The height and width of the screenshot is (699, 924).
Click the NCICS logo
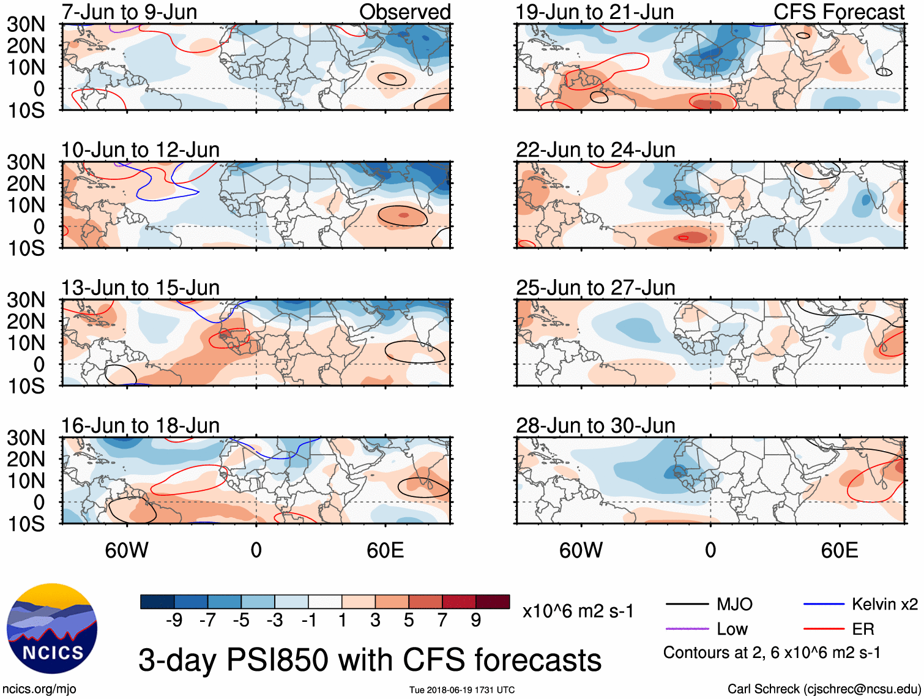(51, 629)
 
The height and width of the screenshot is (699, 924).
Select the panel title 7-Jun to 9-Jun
(129, 12)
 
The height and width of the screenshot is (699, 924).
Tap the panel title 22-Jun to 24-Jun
(595, 150)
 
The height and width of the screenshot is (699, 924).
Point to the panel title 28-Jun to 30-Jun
(595, 425)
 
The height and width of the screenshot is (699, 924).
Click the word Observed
(404, 12)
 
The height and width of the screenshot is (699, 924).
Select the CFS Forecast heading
(838, 12)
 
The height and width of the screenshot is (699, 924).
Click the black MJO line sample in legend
(687, 605)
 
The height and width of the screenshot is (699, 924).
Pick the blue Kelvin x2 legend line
(824, 605)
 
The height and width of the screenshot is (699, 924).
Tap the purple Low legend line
(687, 629)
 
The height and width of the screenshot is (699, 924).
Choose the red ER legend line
(824, 629)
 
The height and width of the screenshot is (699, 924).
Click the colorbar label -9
(174, 621)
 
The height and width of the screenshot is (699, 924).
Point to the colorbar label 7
(442, 621)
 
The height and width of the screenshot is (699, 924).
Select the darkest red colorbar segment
(493, 602)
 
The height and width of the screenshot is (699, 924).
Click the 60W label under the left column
(127, 550)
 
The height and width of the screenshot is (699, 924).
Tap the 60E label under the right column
(839, 550)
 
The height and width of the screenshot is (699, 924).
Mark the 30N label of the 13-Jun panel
(26, 300)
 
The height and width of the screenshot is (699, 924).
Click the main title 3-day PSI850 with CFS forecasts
(370, 660)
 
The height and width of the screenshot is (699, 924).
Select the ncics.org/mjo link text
(39, 689)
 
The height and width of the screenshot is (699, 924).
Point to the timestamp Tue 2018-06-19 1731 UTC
(462, 690)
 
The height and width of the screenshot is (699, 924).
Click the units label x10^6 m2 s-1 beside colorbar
(578, 611)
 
